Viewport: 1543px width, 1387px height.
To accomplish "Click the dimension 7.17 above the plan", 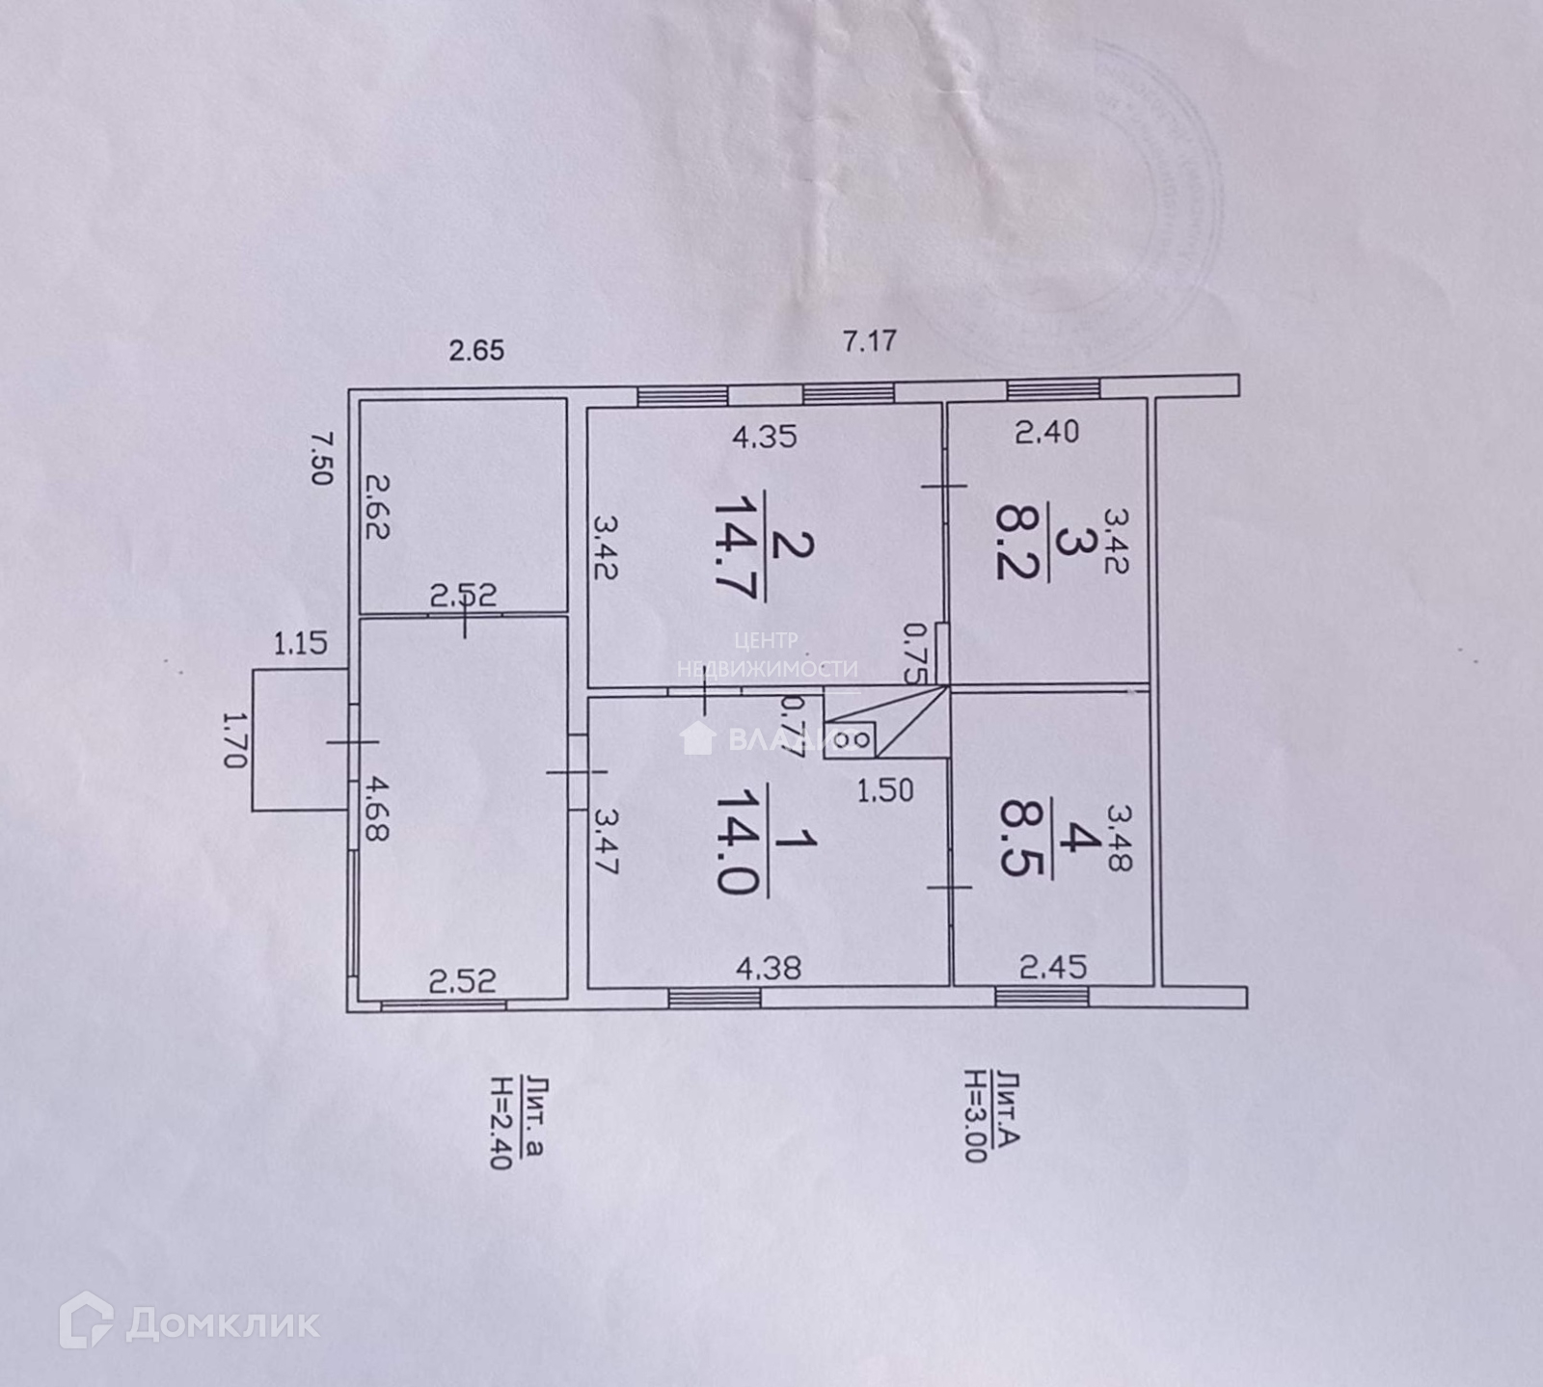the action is [x=870, y=341].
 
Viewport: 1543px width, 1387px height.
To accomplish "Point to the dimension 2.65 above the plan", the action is [x=477, y=350].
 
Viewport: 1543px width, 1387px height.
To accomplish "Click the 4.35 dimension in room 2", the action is [x=764, y=437].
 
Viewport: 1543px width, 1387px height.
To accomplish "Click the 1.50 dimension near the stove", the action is [x=885, y=790].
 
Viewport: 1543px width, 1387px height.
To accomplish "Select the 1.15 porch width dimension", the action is [x=301, y=643].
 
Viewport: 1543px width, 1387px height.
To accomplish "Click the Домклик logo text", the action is [x=222, y=1322].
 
